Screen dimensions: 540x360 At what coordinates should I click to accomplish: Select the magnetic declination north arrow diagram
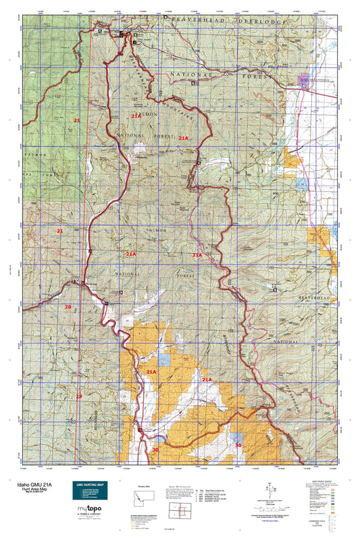tap(271, 487)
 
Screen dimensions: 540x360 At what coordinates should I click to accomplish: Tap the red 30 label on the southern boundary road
tap(155, 449)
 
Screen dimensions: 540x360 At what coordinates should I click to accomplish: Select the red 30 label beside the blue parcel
tap(238, 446)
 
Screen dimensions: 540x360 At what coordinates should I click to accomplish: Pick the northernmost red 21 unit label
tap(77, 120)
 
